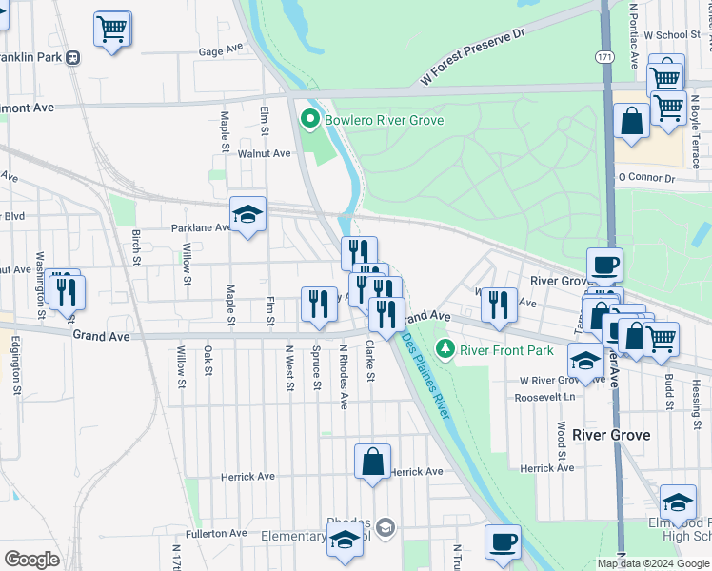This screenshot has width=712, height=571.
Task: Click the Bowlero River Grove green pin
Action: [x=308, y=120]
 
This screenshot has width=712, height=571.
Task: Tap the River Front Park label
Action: [x=506, y=350]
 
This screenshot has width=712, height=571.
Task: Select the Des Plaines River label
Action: [x=425, y=374]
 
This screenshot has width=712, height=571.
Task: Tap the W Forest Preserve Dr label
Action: [x=472, y=52]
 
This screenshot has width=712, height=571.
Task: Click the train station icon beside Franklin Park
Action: [x=72, y=57]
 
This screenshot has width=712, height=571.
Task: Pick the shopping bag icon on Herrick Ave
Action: [x=372, y=463]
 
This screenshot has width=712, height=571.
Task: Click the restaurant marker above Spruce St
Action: [x=319, y=304]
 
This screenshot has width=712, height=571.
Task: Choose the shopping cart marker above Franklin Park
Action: [x=111, y=29]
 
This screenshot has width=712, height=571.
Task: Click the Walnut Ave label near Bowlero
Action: [x=264, y=153]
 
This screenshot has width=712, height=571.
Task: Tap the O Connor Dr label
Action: [x=645, y=177]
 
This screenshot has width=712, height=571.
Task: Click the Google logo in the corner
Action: [x=32, y=560]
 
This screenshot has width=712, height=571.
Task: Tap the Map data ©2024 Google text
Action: [x=652, y=563]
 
